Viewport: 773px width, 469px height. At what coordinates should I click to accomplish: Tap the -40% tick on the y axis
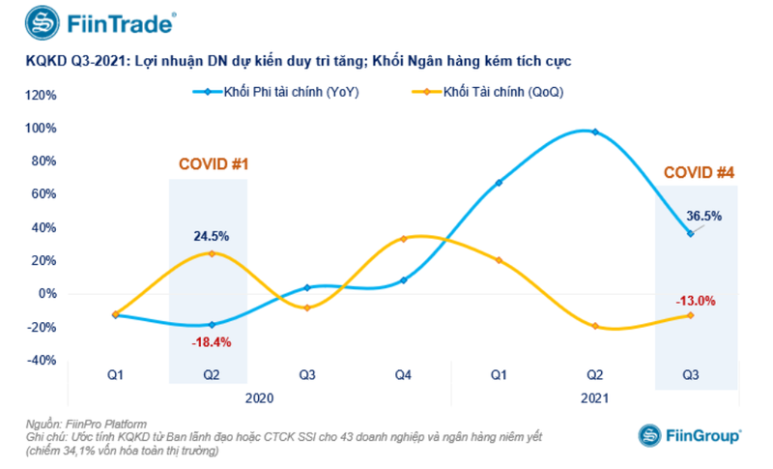43,360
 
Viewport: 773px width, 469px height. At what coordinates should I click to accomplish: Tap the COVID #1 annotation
214,164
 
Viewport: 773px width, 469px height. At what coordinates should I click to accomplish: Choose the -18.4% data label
213,342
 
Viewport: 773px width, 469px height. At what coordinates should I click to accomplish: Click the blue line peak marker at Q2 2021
595,132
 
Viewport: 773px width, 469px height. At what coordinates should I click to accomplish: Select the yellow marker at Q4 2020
403,238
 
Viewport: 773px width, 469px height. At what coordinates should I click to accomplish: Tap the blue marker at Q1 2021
499,183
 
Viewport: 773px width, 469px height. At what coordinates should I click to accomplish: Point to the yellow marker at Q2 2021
595,326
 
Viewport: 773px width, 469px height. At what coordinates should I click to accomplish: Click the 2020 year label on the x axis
258,397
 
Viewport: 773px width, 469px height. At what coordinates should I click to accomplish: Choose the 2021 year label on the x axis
594,397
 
